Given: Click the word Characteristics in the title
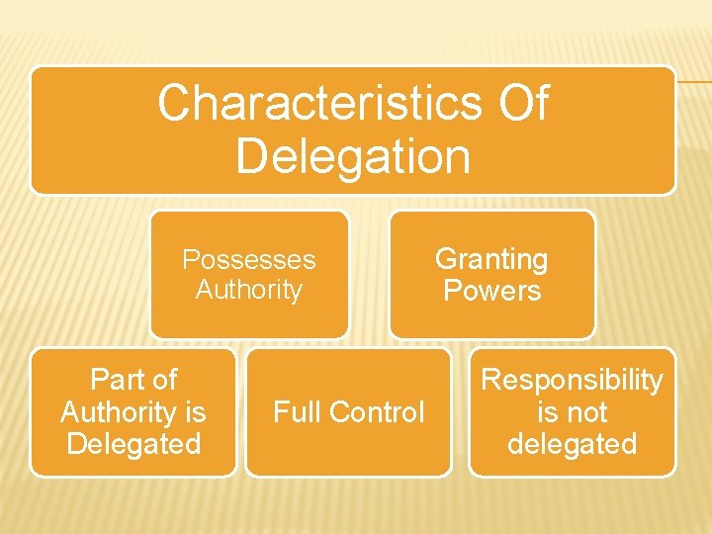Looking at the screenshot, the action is coord(316,103).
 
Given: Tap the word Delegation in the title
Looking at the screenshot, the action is coord(353,156).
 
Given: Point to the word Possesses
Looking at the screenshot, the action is coord(248,260).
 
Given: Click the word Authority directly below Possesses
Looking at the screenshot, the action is coord(248,290).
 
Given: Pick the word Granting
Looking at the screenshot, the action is coord(491,259).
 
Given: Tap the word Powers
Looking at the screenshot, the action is coord(491,291).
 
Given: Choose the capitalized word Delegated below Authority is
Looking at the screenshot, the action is coord(133,443).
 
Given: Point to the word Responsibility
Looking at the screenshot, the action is coord(572,380).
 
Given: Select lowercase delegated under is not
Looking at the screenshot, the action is coord(572,443).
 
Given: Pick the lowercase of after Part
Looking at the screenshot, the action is coord(164,380).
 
